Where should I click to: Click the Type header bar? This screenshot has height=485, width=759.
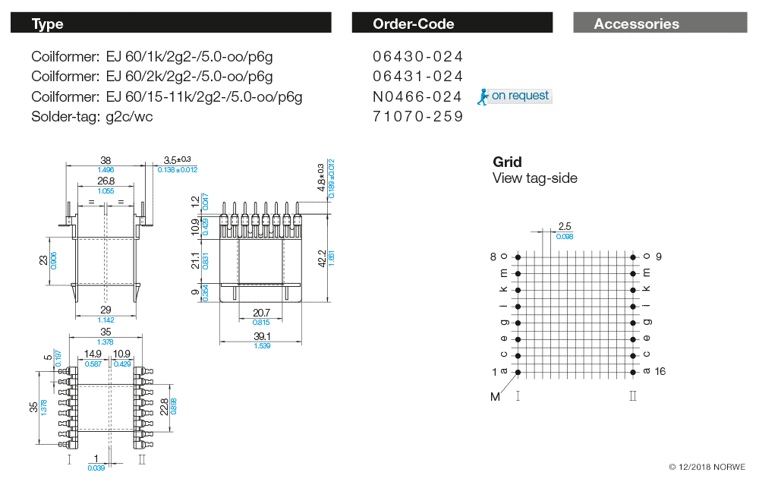point(171,24)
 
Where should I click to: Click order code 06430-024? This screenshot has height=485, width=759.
point(417,57)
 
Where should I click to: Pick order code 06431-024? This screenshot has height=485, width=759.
point(417,77)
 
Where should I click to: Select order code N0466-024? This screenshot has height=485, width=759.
point(417,96)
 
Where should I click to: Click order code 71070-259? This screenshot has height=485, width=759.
point(417,117)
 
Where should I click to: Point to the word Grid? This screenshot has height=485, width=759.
point(507,162)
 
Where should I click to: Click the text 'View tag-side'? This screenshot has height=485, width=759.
point(534,178)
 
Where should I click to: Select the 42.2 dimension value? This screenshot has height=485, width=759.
point(322,258)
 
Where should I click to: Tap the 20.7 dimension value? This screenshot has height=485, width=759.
point(261,313)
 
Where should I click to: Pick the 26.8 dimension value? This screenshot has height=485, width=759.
point(106,181)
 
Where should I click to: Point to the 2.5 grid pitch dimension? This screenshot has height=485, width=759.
point(564,226)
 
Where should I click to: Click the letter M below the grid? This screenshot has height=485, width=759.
point(495,397)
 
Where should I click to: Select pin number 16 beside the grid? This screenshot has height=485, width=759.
point(660,371)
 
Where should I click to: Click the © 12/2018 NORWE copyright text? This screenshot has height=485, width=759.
point(707,467)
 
